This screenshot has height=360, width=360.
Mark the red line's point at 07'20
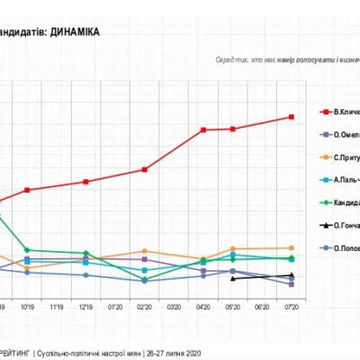292,117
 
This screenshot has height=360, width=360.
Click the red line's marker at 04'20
203,130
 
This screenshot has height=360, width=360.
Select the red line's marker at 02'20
145,169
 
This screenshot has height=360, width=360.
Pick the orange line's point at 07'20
292,247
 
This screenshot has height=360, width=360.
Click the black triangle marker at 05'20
233,278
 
